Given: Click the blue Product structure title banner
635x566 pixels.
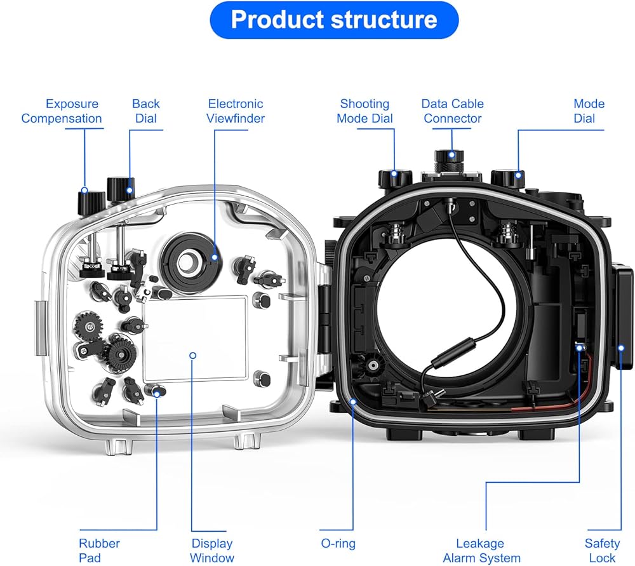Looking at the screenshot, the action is [x=334, y=20].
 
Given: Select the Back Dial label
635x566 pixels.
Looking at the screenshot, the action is [x=146, y=111].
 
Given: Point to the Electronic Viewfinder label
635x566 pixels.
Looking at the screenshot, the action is [x=236, y=111].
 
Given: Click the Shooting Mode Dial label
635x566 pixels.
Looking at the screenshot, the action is [x=364, y=111].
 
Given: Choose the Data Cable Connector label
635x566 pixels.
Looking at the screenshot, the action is [x=452, y=111].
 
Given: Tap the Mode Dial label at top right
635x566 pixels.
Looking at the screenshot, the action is [x=589, y=111].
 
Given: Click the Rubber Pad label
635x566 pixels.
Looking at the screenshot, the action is [x=99, y=550].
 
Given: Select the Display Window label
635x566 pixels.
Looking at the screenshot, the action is [x=212, y=550].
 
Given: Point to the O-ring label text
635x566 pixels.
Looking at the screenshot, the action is [x=338, y=543].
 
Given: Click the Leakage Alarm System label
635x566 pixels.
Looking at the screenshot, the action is [x=481, y=550].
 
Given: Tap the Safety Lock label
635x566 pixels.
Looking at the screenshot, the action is [x=602, y=550].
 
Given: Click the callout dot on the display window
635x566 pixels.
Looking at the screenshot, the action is [x=193, y=355].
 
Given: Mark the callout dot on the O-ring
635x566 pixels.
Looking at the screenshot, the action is [x=353, y=402].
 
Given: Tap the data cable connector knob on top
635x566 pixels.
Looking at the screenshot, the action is [x=449, y=161].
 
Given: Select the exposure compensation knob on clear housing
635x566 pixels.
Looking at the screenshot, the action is [x=91, y=203].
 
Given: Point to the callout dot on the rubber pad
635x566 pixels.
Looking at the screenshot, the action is [x=157, y=393].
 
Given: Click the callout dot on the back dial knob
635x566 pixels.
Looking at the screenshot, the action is [x=130, y=190].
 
